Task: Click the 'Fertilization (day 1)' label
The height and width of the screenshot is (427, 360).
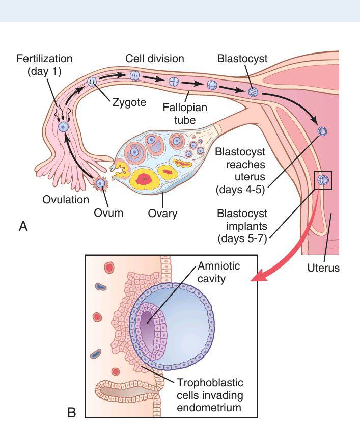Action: [44, 65]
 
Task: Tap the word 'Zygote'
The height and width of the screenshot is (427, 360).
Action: [129, 102]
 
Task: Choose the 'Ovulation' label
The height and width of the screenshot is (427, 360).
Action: [66, 200]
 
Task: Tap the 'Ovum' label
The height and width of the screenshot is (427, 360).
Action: [108, 212]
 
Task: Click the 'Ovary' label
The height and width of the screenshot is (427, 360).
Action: [163, 213]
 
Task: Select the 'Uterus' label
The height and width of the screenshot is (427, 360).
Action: [323, 268]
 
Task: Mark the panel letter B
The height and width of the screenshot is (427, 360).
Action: [71, 412]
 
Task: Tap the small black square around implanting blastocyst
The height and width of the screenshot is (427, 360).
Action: [323, 180]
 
